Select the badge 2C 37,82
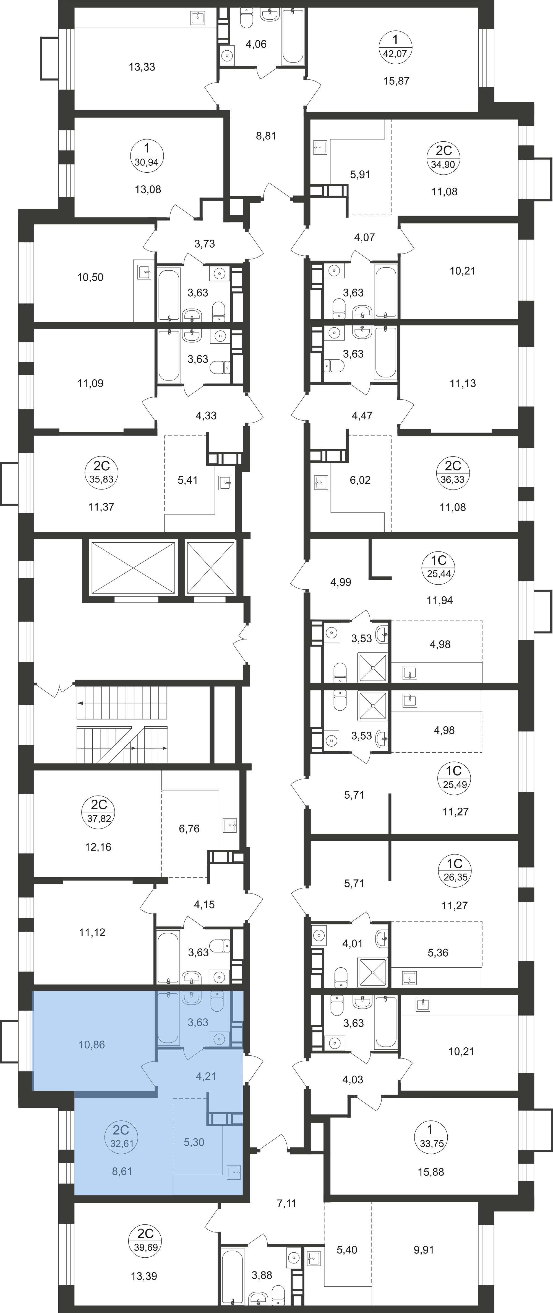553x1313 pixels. click(99, 812)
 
